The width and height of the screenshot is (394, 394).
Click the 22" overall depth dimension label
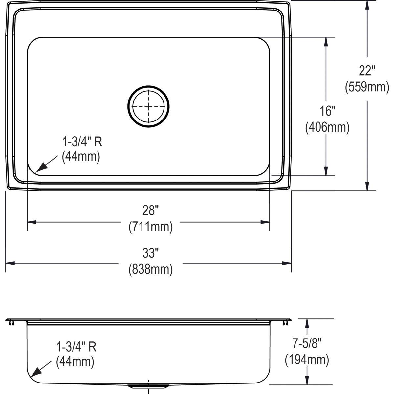367,70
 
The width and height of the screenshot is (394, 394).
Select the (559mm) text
367,87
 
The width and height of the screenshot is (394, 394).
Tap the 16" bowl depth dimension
327,111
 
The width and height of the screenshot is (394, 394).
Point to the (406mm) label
327,127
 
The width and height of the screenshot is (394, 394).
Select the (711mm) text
150,227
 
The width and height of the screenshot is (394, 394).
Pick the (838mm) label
150,269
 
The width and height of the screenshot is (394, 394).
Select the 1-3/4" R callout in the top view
82,142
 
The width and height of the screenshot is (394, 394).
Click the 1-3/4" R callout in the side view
76,346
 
